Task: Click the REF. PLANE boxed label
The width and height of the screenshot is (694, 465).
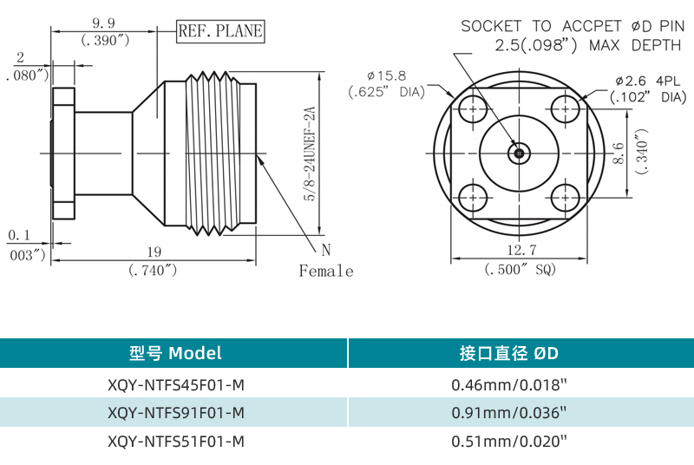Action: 219,32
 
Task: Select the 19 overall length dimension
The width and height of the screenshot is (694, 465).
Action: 154,252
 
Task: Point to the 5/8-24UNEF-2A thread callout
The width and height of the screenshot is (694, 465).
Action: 308,155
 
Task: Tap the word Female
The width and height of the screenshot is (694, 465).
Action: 326,272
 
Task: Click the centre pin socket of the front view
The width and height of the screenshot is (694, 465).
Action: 520,154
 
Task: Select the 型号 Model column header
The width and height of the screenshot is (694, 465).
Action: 175,353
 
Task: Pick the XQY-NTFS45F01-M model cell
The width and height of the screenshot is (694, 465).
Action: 175,383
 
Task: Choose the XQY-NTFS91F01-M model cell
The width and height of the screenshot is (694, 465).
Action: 175,412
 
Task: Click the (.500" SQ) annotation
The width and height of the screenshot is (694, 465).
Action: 520,270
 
